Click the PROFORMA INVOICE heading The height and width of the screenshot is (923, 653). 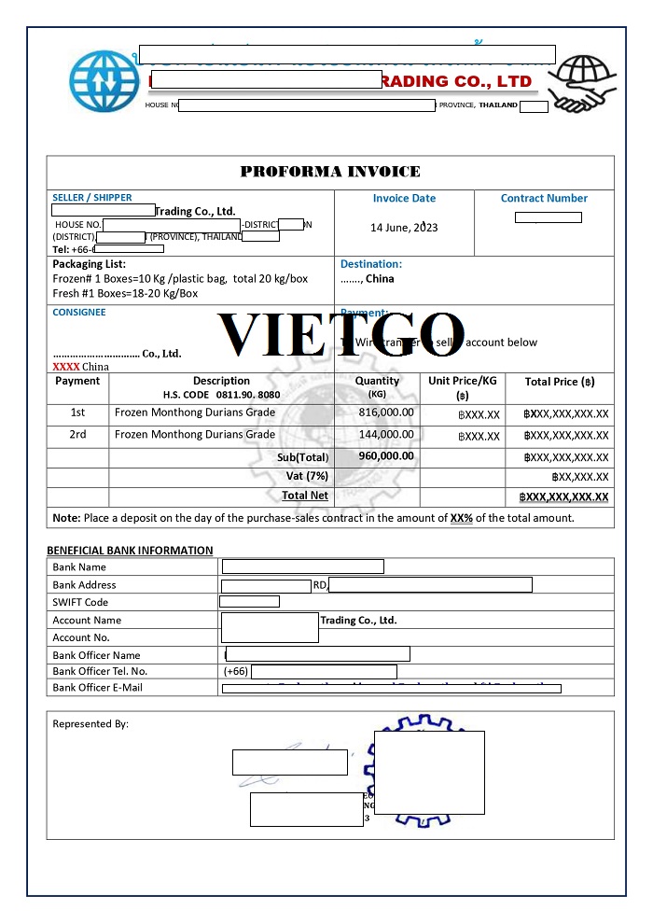[330, 172]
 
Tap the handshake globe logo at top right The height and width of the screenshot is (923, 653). [580, 83]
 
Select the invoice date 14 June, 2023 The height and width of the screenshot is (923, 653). [404, 228]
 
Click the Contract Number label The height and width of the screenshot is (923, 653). [544, 198]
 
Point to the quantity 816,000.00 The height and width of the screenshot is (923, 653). [386, 412]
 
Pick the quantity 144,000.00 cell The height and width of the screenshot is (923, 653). [386, 434]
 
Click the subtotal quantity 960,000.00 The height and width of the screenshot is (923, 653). [386, 456]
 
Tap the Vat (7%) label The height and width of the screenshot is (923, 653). [307, 476]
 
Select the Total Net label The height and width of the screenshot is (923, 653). [305, 496]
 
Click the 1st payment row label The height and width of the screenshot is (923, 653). [77, 412]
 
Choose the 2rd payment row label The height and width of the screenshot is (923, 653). [77, 434]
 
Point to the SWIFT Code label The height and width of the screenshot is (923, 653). [80, 602]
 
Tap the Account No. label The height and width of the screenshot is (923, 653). [81, 637]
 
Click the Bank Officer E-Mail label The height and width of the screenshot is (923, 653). [98, 688]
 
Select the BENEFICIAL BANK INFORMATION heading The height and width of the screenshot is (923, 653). [130, 551]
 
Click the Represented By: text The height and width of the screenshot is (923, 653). [90, 724]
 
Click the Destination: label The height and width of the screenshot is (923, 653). [371, 264]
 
